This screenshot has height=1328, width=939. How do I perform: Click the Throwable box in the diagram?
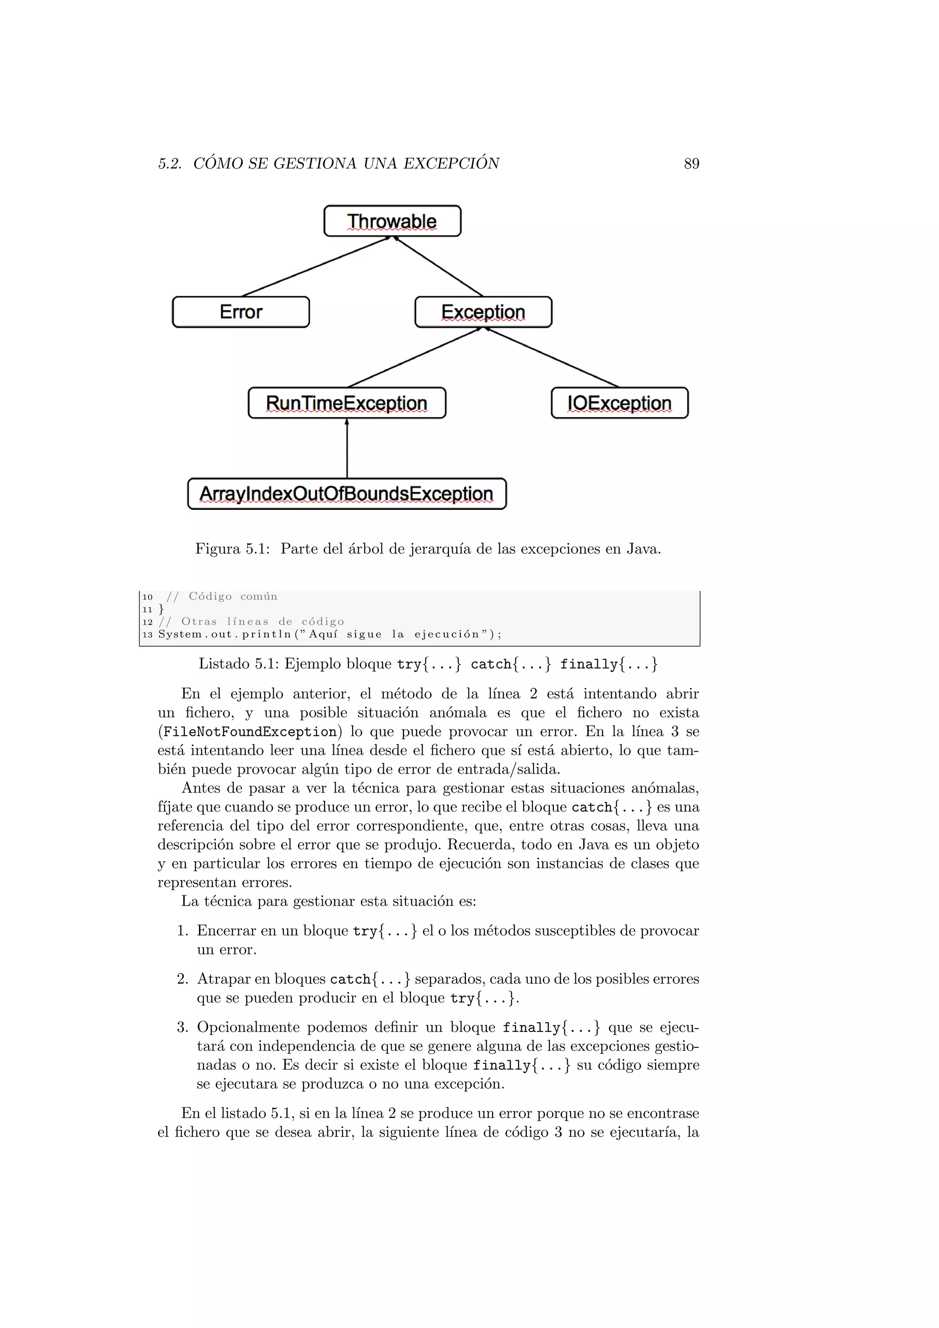pyautogui.click(x=392, y=221)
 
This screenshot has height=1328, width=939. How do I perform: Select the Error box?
pyautogui.click(x=241, y=312)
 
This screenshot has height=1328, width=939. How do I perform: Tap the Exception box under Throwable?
pyautogui.click(x=483, y=312)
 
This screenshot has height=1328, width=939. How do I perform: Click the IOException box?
pyautogui.click(x=619, y=403)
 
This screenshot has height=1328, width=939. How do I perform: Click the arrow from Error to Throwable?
pyautogui.click(x=315, y=266)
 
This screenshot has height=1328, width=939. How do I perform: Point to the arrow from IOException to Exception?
pyautogui.click(x=552, y=357)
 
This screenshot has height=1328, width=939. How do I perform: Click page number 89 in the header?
pyautogui.click(x=691, y=164)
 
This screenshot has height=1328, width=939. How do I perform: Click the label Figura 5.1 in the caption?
pyautogui.click(x=232, y=548)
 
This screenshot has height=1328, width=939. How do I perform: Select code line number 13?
pyautogui.click(x=148, y=635)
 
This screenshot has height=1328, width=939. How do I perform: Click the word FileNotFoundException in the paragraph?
pyautogui.click(x=250, y=732)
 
